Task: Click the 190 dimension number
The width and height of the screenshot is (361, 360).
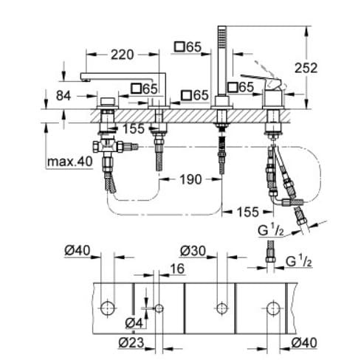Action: point(190,179)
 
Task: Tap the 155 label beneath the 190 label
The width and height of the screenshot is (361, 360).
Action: point(247,212)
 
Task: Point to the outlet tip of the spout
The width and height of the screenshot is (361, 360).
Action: point(83,78)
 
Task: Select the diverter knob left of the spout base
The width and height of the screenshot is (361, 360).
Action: point(108,100)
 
